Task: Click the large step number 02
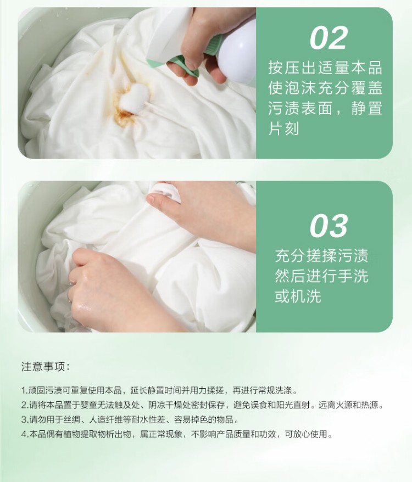(329, 38)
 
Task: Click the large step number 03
(329, 226)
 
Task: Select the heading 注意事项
(46, 367)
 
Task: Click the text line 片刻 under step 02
(283, 128)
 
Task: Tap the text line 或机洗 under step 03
(298, 296)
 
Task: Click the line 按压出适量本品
(325, 68)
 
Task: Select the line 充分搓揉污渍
(321, 256)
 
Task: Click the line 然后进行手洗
(321, 276)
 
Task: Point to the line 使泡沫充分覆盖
(325, 88)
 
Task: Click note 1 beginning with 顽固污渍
(160, 390)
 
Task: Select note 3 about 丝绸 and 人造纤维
(130, 419)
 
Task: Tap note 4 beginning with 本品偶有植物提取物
(177, 434)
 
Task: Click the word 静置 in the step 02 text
(367, 108)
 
